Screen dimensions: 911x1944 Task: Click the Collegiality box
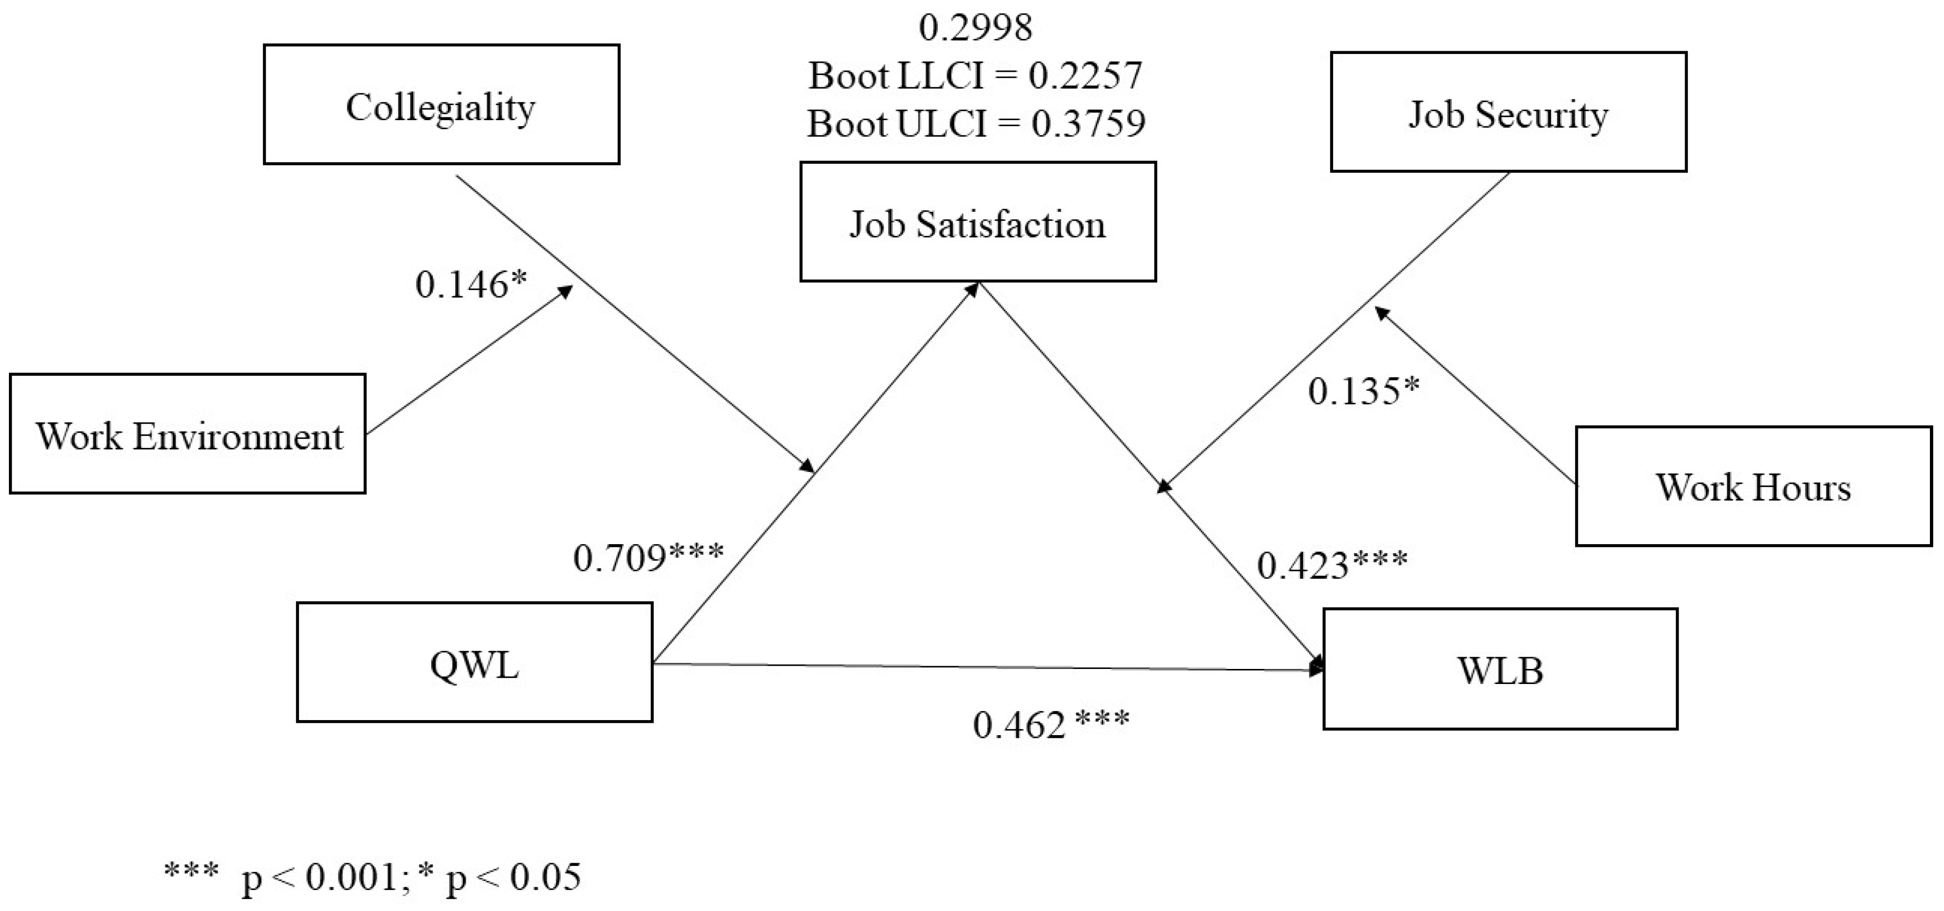(x=442, y=105)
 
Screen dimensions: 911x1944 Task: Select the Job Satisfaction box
(x=977, y=223)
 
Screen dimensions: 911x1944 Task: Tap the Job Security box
(x=1508, y=113)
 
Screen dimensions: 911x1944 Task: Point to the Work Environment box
(x=188, y=435)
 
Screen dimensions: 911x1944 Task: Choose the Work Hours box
(x=1753, y=487)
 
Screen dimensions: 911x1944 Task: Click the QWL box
(x=474, y=663)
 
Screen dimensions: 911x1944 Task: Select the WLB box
(x=1500, y=669)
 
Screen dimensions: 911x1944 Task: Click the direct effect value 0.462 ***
(x=1050, y=725)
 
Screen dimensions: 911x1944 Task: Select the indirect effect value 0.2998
(x=975, y=28)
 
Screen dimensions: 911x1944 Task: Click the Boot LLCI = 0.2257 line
(x=975, y=76)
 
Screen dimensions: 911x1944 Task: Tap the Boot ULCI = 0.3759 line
(x=975, y=123)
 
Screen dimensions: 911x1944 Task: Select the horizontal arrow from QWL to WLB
(x=981, y=667)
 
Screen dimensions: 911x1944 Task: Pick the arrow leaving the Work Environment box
(x=468, y=360)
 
